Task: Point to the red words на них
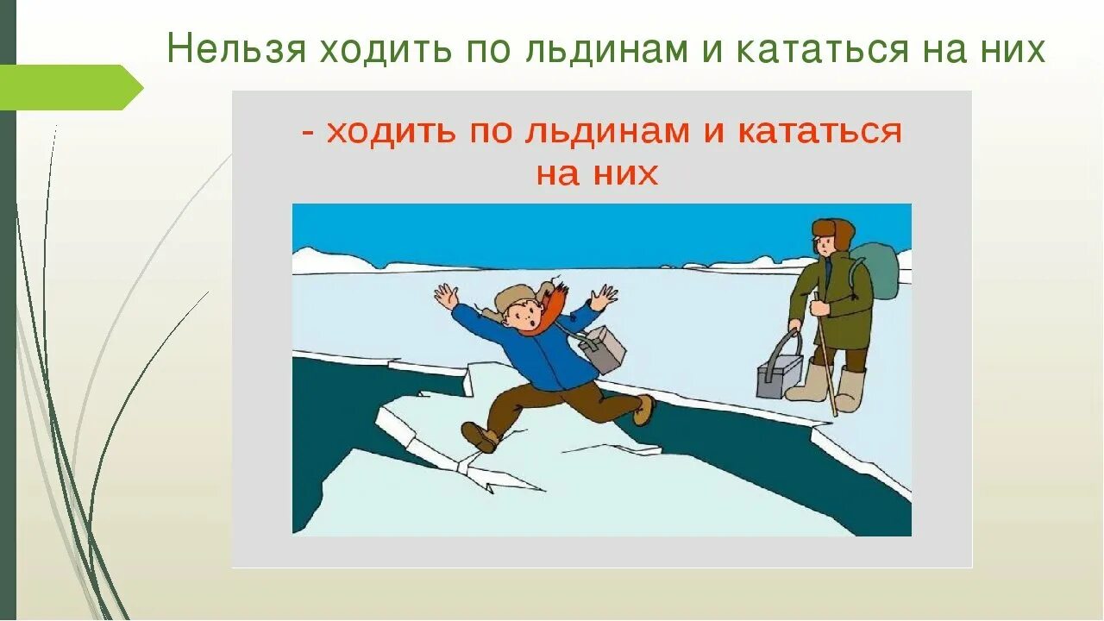click(597, 173)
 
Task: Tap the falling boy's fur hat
click(516, 298)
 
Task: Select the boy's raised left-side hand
click(446, 297)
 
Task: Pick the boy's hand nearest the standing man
click(604, 298)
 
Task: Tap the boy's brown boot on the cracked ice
click(480, 436)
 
